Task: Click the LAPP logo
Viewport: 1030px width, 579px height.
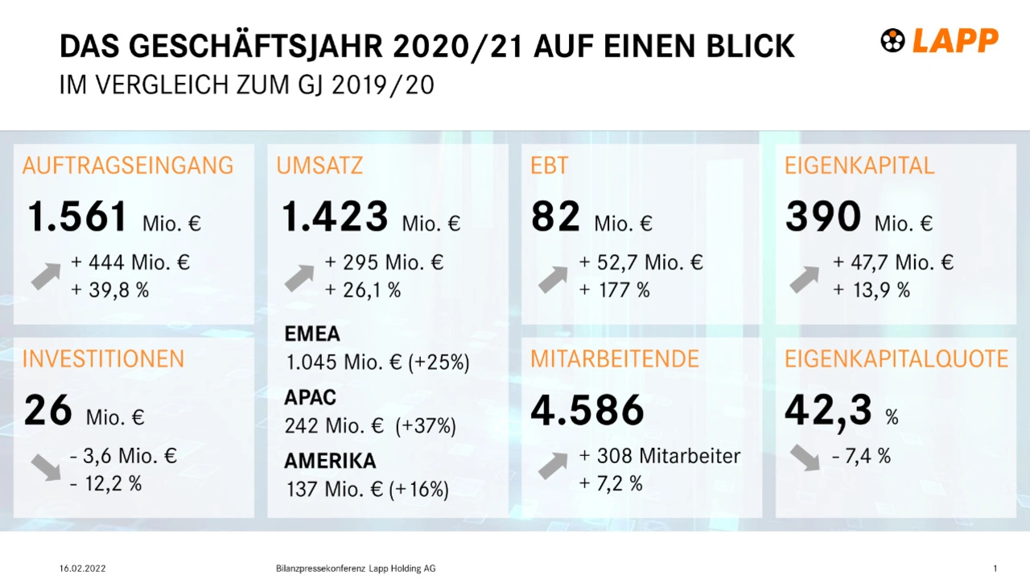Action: tap(940, 40)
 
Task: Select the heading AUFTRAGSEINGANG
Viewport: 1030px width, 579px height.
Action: tap(128, 166)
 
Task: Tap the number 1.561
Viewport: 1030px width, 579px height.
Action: tap(77, 217)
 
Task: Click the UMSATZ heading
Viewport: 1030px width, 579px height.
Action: tap(319, 166)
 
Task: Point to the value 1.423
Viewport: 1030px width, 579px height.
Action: tap(335, 217)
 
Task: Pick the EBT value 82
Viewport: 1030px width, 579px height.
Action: tap(555, 217)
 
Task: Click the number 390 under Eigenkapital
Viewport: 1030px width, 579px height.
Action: tap(822, 217)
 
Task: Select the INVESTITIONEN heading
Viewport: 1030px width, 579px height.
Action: tap(103, 359)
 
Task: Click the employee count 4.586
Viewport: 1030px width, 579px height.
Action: tap(587, 411)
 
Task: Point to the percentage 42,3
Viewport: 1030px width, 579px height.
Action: tap(828, 411)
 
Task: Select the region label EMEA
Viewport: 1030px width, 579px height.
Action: tap(312, 334)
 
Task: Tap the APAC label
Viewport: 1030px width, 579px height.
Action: tap(310, 397)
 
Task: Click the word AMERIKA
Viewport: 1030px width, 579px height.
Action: tap(330, 461)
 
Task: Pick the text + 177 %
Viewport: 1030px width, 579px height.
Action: tap(614, 290)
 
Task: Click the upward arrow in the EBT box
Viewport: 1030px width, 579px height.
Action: tap(553, 278)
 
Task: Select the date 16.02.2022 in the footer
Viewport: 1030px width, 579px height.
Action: tap(82, 569)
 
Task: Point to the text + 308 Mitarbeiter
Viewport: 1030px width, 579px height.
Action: tap(660, 456)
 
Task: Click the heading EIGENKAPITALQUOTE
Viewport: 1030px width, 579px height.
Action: tap(896, 359)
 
